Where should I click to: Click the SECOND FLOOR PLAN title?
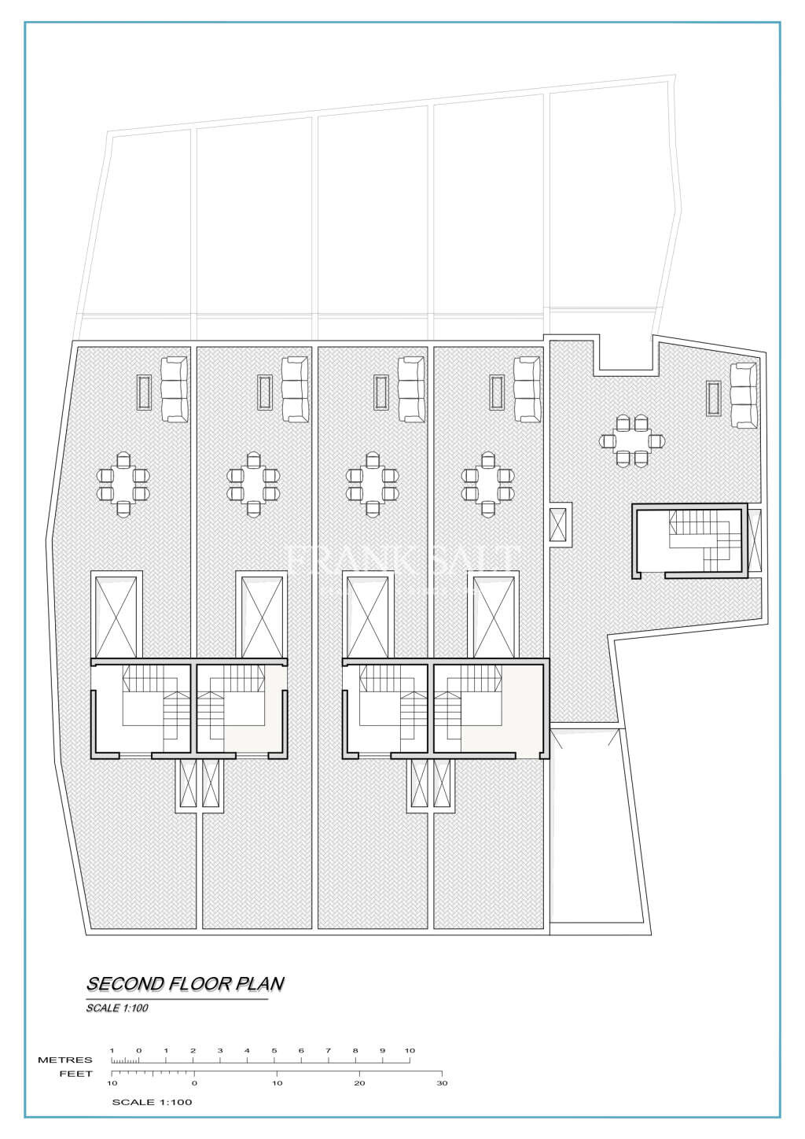point(185,983)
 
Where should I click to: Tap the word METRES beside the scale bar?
point(65,1060)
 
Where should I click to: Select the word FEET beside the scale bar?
point(76,1074)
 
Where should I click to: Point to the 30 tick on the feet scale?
point(442,1082)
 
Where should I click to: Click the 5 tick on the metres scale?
point(274,1051)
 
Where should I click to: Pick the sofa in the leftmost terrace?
point(175,388)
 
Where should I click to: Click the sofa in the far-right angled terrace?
point(743,395)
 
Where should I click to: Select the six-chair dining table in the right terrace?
point(632,440)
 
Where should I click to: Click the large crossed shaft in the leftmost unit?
point(116,616)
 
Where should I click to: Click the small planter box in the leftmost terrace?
point(144,392)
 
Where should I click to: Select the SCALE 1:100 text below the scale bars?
point(152,1102)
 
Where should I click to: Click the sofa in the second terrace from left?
point(295,388)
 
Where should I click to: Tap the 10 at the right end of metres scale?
point(410,1051)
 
